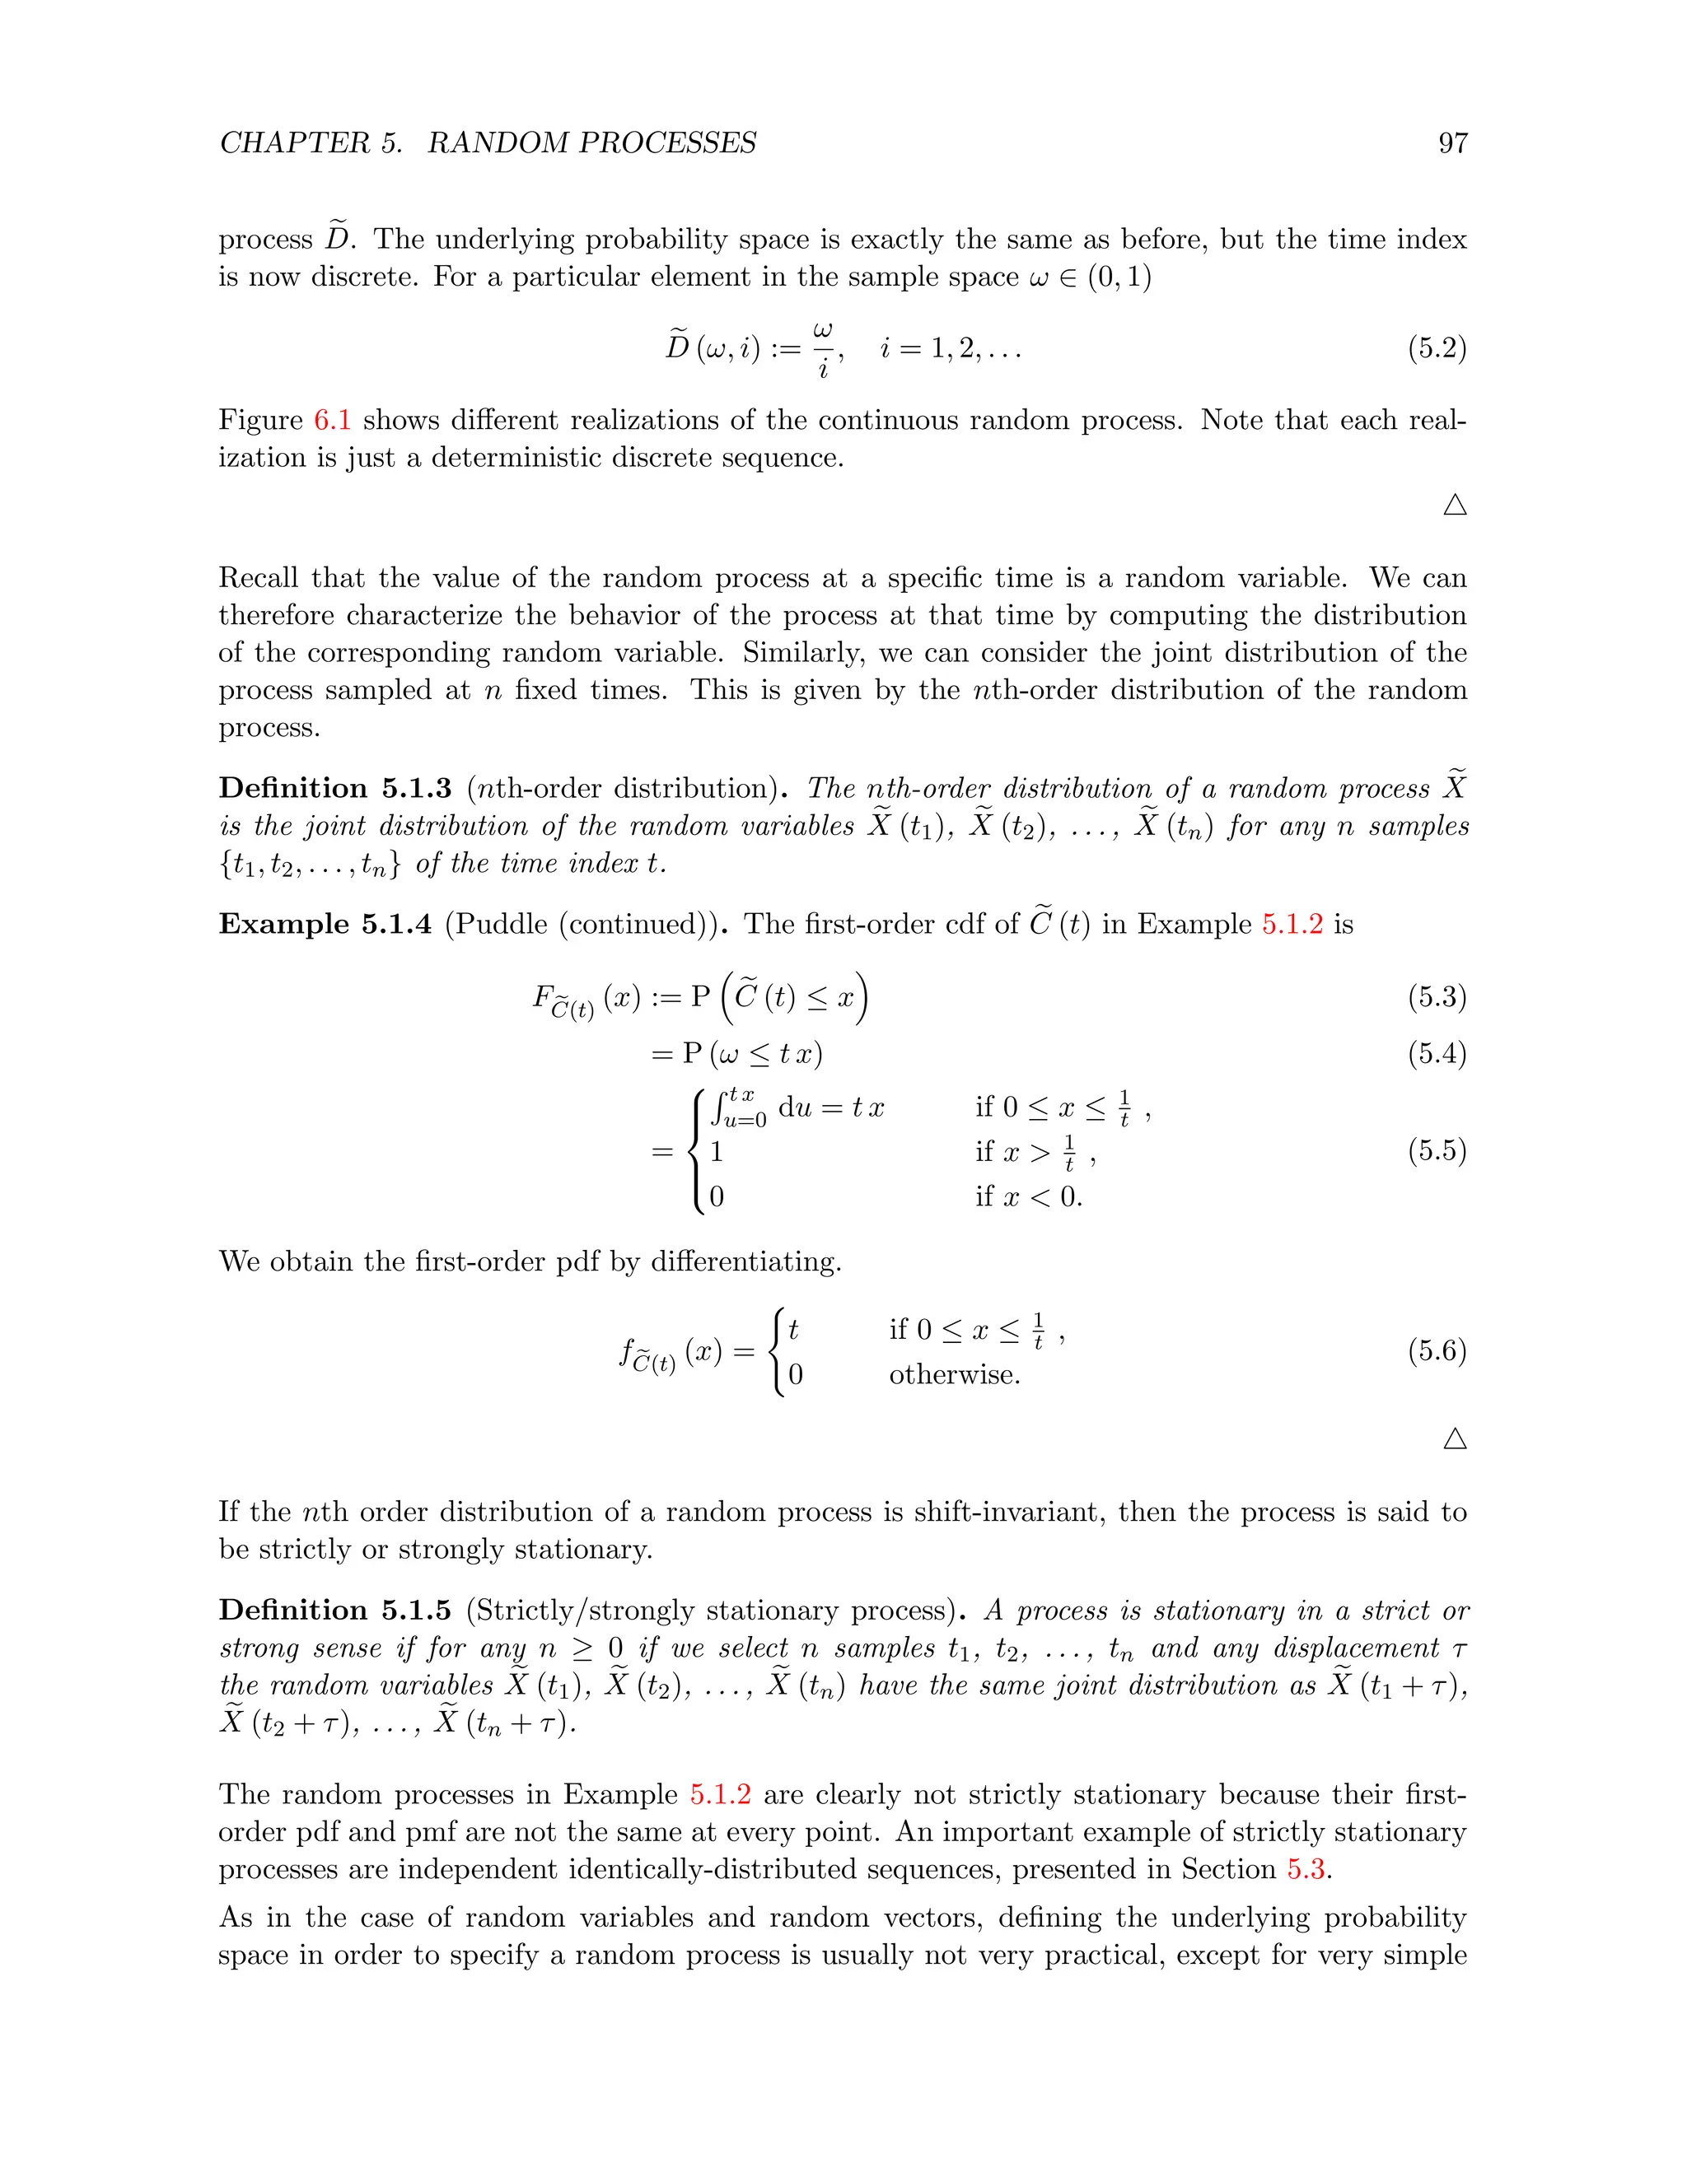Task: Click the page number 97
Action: tap(1452, 143)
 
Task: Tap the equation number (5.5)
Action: tap(1436, 1151)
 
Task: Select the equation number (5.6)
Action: tap(1436, 1352)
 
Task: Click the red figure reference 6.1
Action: tap(332, 420)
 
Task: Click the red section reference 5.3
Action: tap(1306, 1869)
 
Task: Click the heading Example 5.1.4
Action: tap(325, 924)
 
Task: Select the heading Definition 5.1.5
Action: tap(334, 1611)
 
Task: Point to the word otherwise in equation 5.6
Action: tap(955, 1376)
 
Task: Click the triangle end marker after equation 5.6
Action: tap(1456, 1438)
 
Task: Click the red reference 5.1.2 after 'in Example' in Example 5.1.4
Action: tap(1292, 924)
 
